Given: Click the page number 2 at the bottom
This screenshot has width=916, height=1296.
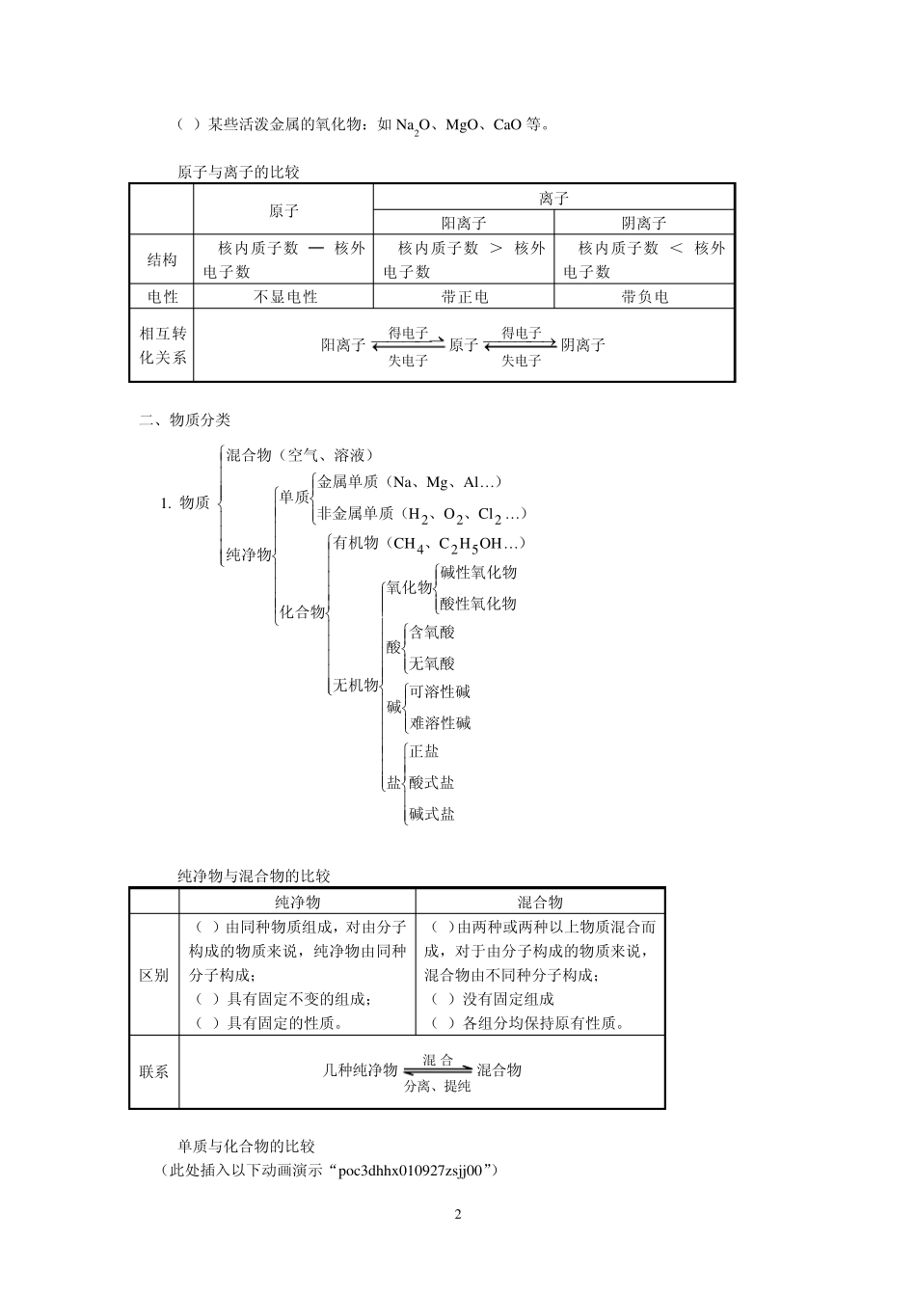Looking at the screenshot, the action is (458, 1214).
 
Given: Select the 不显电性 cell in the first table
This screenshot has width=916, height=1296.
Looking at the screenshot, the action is (284, 297).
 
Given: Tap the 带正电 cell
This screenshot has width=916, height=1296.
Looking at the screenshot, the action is (464, 297).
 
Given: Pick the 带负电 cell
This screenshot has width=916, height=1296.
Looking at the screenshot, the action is (644, 297).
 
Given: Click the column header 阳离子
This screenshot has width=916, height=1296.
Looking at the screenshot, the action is (464, 223).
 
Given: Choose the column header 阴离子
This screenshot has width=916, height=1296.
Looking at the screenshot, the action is (644, 223).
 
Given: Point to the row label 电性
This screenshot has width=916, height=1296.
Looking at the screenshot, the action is (162, 297).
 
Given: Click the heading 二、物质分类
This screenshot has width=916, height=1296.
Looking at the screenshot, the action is (185, 419).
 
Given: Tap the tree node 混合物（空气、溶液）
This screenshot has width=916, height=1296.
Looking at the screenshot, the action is (299, 455).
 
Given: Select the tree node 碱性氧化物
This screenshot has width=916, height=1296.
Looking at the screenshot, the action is (478, 572).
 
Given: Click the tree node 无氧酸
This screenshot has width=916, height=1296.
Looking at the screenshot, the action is (432, 663).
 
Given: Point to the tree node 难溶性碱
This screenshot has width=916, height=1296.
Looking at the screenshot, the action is (440, 723).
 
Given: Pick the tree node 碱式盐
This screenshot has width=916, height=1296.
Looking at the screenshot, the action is (432, 814).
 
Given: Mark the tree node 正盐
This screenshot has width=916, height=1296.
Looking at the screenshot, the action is (424, 751).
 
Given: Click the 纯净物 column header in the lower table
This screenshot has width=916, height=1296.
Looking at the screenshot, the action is (298, 903).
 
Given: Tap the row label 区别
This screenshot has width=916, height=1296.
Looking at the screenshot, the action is (154, 975).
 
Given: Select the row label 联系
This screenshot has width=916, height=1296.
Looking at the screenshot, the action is (154, 1071).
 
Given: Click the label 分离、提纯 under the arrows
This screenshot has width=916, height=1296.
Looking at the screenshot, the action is (438, 1087).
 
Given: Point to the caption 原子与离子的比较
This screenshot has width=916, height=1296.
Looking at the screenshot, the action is (239, 173).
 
